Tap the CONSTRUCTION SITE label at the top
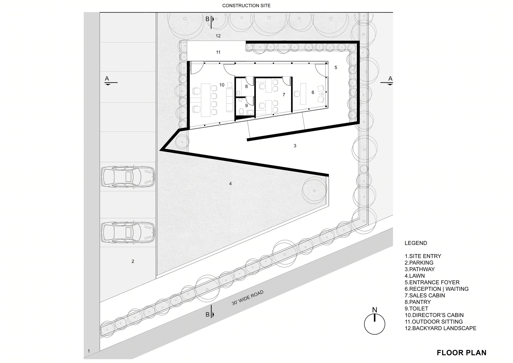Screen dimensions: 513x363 click(246, 5)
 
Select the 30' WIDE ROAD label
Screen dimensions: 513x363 click(248, 298)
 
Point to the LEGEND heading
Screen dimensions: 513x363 click(416, 243)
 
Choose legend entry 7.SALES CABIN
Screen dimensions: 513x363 click(425, 295)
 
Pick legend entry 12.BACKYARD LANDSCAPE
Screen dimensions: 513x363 click(440, 328)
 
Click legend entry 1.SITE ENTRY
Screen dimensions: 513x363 click(423, 256)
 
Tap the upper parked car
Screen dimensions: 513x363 click(128, 177)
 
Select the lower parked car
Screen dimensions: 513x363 click(128, 232)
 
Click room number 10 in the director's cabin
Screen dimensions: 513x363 click(222, 85)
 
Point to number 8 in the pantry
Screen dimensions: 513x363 click(246, 87)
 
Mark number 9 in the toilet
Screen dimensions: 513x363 click(246, 105)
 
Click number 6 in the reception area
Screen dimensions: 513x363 click(313, 92)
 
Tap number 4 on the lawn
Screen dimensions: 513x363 click(230, 184)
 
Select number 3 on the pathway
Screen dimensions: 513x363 click(295, 146)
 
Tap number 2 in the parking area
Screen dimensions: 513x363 click(133, 261)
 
